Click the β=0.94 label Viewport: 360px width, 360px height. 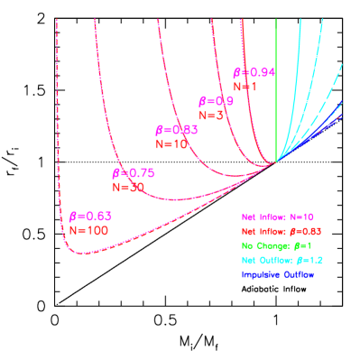click(x=254, y=72)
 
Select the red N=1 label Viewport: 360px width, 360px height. click(x=245, y=87)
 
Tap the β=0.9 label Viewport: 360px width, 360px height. click(x=216, y=102)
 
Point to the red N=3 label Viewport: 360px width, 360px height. click(x=210, y=115)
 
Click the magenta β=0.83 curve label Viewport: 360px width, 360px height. click(x=173, y=130)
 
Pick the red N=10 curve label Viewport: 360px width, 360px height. click(x=171, y=143)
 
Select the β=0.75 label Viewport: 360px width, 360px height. click(x=133, y=173)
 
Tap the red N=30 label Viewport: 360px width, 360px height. click(x=128, y=187)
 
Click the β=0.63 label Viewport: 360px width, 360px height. click(x=90, y=217)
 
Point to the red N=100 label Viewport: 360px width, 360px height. click(x=88, y=230)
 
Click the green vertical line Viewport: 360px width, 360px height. click(x=276, y=90)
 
